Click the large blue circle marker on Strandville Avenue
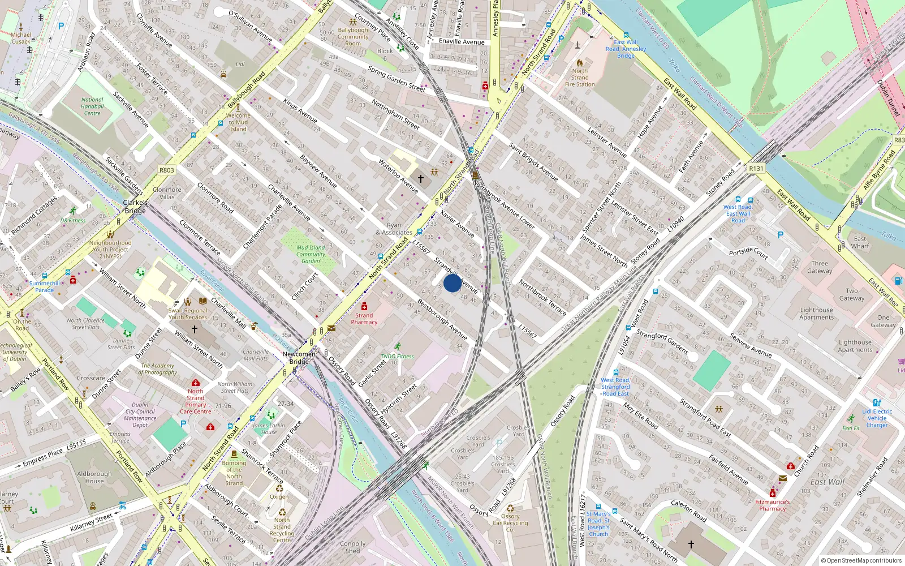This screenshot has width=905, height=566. click(453, 283)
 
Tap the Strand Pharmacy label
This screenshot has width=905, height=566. click(364, 319)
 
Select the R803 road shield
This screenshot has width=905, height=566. click(167, 170)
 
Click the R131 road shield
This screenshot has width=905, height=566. click(756, 169)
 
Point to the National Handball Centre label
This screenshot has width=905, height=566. click(92, 106)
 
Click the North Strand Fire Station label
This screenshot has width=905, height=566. click(580, 78)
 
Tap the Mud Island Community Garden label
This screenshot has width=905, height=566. click(311, 254)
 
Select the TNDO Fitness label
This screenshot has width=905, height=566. click(397, 357)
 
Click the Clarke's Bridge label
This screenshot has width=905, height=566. click(135, 207)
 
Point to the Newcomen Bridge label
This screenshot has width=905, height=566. click(299, 358)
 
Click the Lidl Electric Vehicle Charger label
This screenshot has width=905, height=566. click(877, 418)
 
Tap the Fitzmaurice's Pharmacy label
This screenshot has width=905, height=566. click(772, 505)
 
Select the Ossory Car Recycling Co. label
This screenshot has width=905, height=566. click(510, 523)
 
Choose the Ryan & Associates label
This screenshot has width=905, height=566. click(394, 229)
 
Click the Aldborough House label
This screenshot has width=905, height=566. click(94, 477)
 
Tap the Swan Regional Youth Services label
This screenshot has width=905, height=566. click(188, 314)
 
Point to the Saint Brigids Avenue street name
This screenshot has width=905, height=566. click(533, 162)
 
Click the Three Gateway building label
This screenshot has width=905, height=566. click(820, 267)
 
